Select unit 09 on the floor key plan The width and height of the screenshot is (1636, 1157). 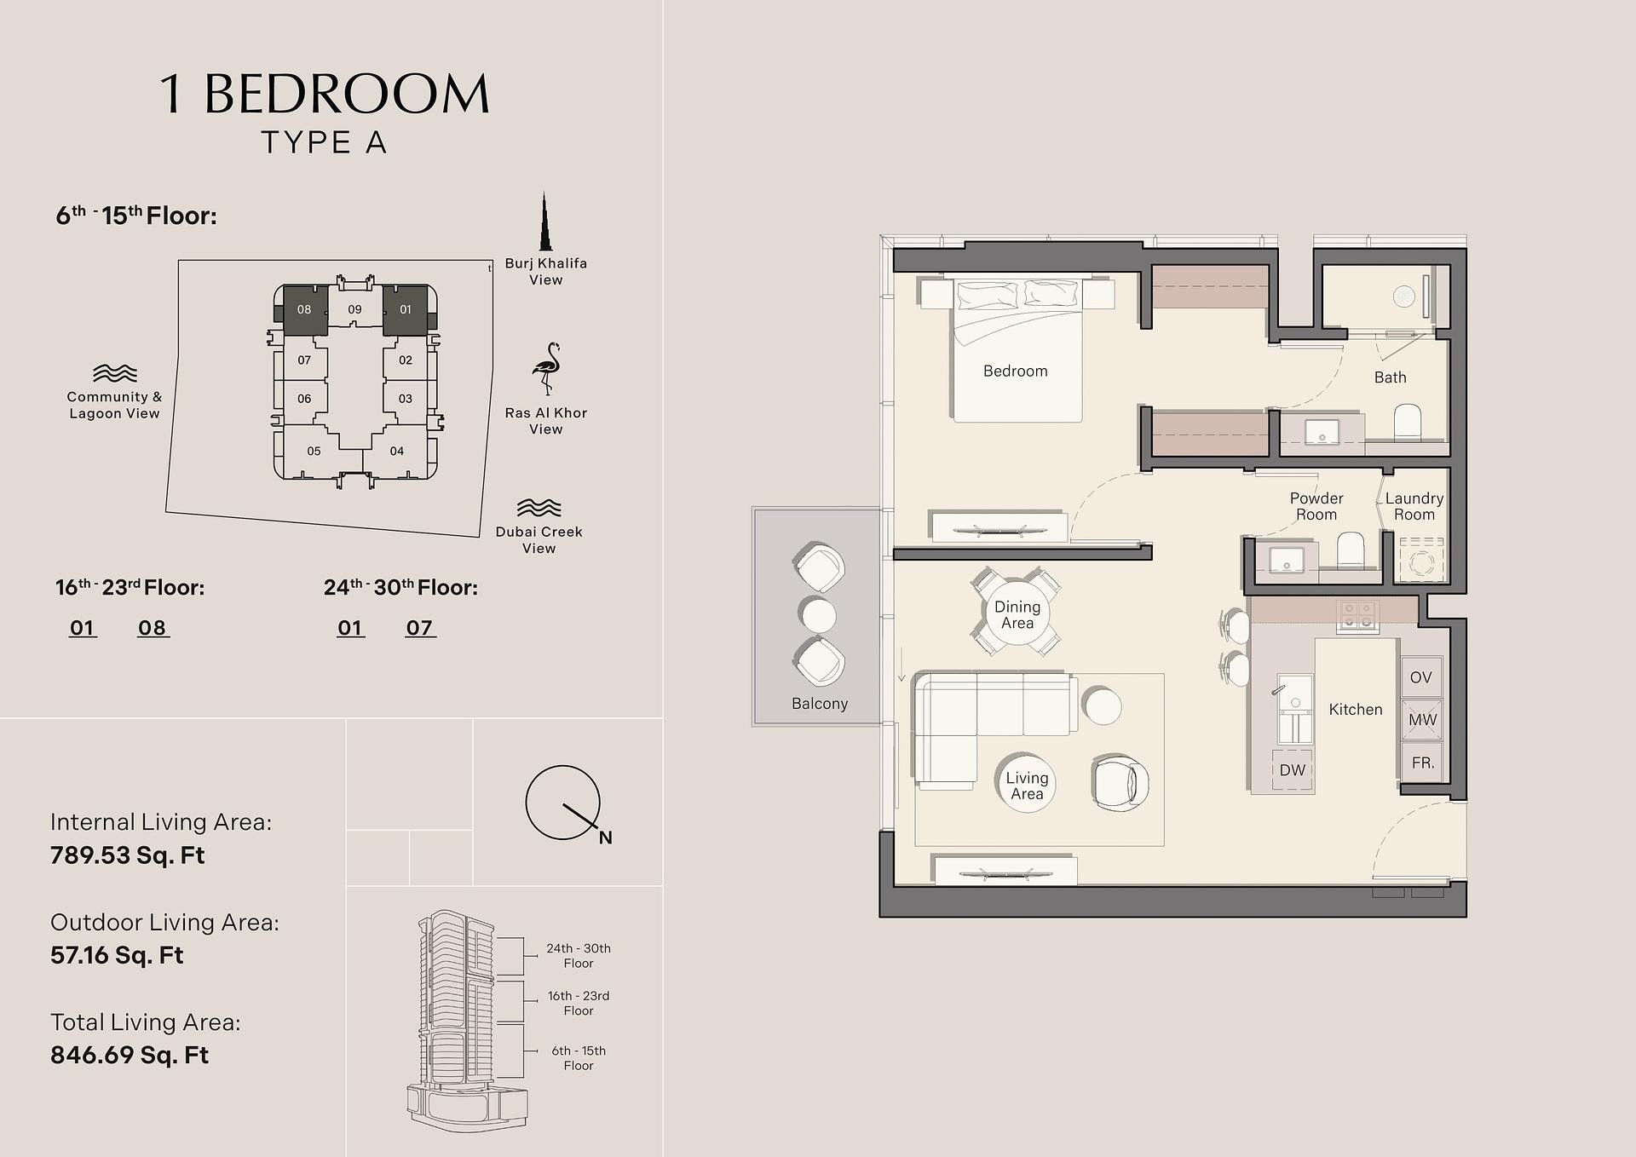354,309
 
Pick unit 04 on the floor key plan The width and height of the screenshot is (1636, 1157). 397,451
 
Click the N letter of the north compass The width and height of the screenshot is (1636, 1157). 605,838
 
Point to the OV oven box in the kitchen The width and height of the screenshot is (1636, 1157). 1420,677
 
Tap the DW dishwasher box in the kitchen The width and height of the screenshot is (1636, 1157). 1292,769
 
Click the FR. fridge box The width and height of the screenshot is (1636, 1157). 1421,763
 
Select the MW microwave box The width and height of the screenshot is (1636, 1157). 1421,720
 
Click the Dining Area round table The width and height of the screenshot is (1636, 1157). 1017,613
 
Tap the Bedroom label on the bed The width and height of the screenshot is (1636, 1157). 1015,371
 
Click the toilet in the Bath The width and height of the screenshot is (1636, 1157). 1408,422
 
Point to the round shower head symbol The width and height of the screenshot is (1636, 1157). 1404,296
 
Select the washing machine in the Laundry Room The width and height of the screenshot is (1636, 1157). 1421,560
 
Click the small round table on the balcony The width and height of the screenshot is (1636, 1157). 819,614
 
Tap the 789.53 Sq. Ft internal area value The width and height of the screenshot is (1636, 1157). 127,855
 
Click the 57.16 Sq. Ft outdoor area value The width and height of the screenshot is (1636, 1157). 117,954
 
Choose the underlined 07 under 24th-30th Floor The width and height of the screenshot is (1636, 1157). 419,628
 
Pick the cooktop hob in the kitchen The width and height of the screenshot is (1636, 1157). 1357,615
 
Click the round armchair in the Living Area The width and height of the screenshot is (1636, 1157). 1120,781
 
